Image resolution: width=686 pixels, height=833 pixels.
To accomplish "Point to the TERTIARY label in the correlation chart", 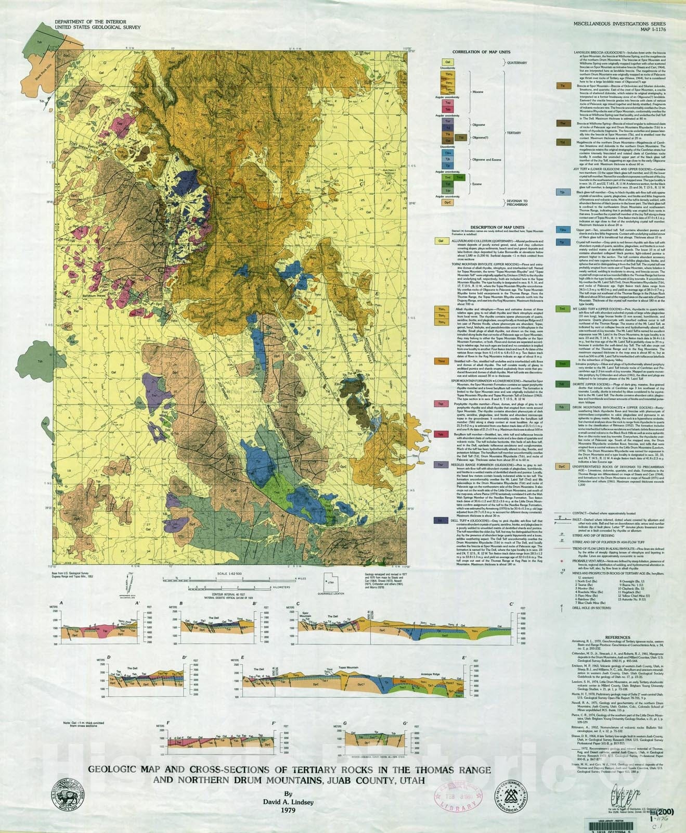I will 513,133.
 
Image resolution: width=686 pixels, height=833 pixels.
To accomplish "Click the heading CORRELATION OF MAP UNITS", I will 481,52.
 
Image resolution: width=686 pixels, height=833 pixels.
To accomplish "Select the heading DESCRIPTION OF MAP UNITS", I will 497,228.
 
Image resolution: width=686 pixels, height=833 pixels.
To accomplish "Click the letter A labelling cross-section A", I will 62,603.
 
